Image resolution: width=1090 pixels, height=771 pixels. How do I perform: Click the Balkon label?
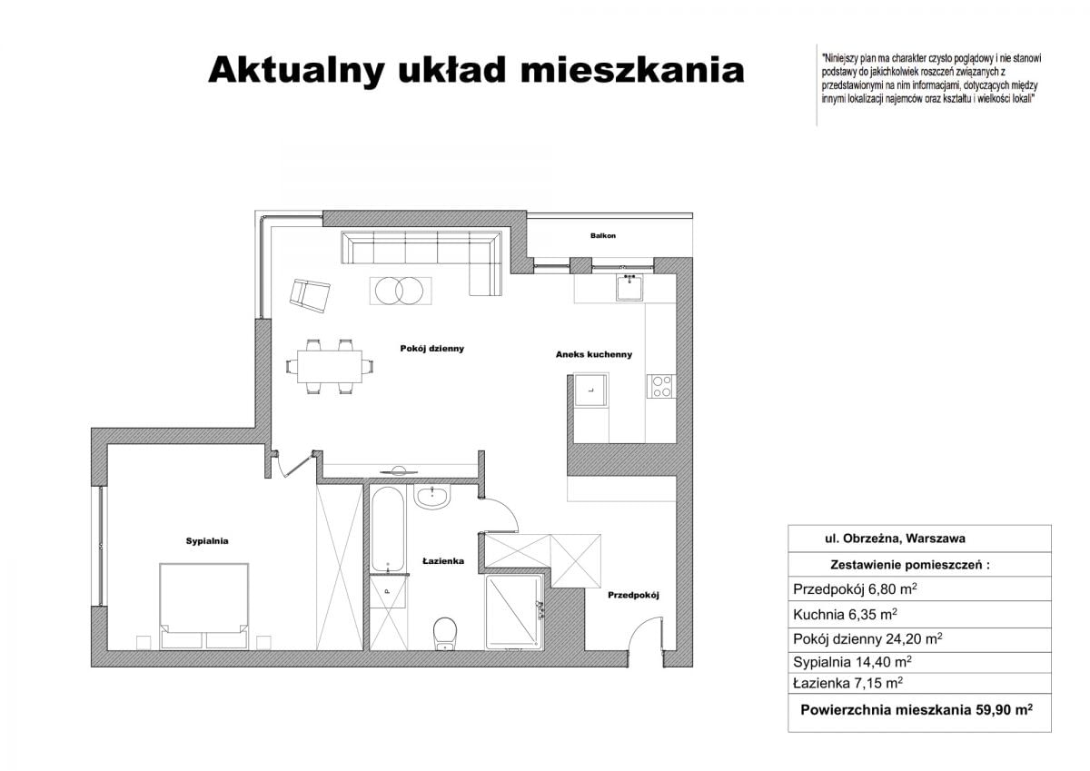pos(602,236)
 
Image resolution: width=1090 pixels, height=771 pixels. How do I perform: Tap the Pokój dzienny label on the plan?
pos(432,348)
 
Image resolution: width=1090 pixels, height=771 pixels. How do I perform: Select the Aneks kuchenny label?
pos(594,355)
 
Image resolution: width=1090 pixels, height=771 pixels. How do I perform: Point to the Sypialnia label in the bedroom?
pos(207,541)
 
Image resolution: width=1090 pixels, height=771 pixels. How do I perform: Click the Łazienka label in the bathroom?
pos(443,561)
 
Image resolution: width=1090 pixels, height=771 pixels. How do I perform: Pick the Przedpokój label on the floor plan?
pos(633,596)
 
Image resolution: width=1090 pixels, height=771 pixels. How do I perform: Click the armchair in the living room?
pos(310,295)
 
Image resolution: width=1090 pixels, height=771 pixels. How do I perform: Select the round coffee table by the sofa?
pos(400,291)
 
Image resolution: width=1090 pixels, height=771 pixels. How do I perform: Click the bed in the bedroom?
pos(204,605)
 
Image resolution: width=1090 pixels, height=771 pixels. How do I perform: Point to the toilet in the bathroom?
pos(445,632)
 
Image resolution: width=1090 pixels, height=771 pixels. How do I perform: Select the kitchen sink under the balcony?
pos(629,288)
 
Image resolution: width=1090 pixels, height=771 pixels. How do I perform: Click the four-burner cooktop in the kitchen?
pos(660,386)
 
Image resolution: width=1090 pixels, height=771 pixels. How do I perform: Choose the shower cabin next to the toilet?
pos(514,613)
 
